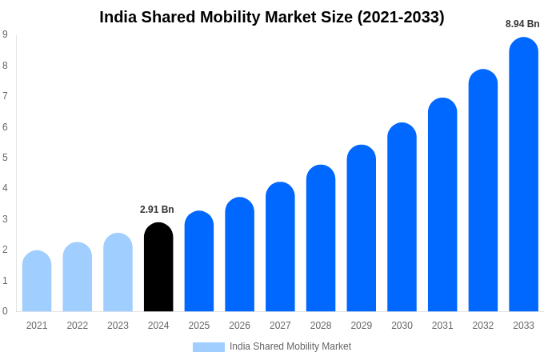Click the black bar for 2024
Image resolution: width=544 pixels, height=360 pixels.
[158, 267]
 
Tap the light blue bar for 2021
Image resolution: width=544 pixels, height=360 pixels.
[37, 281]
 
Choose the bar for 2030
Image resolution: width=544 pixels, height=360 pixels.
[402, 217]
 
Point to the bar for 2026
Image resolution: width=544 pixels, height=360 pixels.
[239, 254]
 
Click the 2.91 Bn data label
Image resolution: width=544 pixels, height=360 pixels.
[157, 210]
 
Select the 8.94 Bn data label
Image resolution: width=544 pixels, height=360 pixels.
[522, 24]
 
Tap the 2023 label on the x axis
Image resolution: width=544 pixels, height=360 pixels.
[118, 326]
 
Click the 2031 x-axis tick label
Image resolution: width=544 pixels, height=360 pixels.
[442, 326]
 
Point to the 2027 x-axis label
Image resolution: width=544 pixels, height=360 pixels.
[280, 326]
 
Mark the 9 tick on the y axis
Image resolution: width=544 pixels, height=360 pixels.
[5, 34]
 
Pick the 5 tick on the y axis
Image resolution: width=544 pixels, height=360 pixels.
[5, 158]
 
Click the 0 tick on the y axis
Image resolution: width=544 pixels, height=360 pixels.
[5, 311]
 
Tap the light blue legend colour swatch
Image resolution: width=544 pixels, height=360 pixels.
[208, 347]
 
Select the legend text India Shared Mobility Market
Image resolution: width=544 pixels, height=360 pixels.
[290, 346]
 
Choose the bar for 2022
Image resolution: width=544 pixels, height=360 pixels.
[78, 277]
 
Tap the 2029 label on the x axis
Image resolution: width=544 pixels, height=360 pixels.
[361, 326]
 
